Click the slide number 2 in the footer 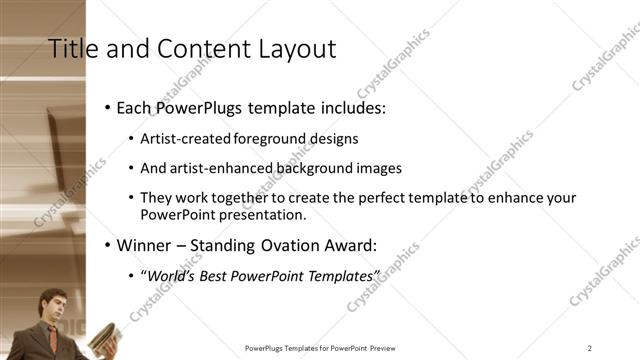[x=590, y=348]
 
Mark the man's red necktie [x=52, y=338]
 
